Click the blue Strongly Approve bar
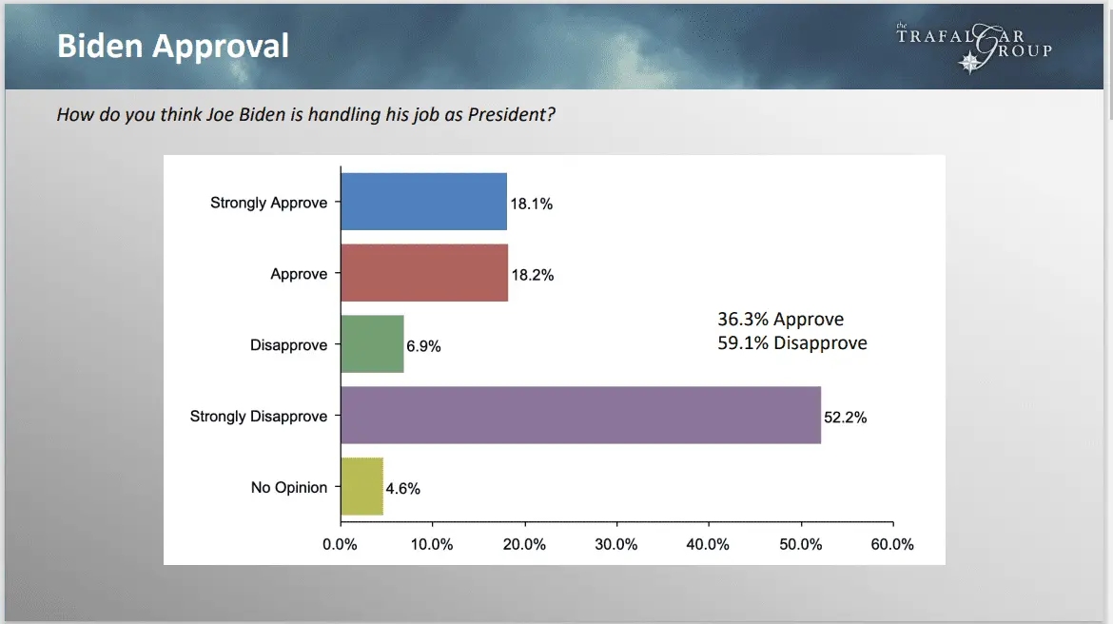coord(423,202)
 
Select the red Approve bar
coord(424,273)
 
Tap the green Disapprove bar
coord(372,344)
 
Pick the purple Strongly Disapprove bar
coord(580,415)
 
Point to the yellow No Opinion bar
coord(361,486)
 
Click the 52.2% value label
coord(846,417)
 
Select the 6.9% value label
coord(423,346)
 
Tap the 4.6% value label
coord(402,489)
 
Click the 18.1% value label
coord(531,204)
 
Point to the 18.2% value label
coord(532,275)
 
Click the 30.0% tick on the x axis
coord(615,545)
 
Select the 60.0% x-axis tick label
coord(892,545)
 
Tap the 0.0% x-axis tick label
coord(340,545)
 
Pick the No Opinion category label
coord(289,487)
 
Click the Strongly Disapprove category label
coord(259,417)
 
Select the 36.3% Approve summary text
coord(780,320)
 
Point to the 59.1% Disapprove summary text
coord(791,342)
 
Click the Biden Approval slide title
coord(173,46)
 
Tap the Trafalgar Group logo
coord(974,46)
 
